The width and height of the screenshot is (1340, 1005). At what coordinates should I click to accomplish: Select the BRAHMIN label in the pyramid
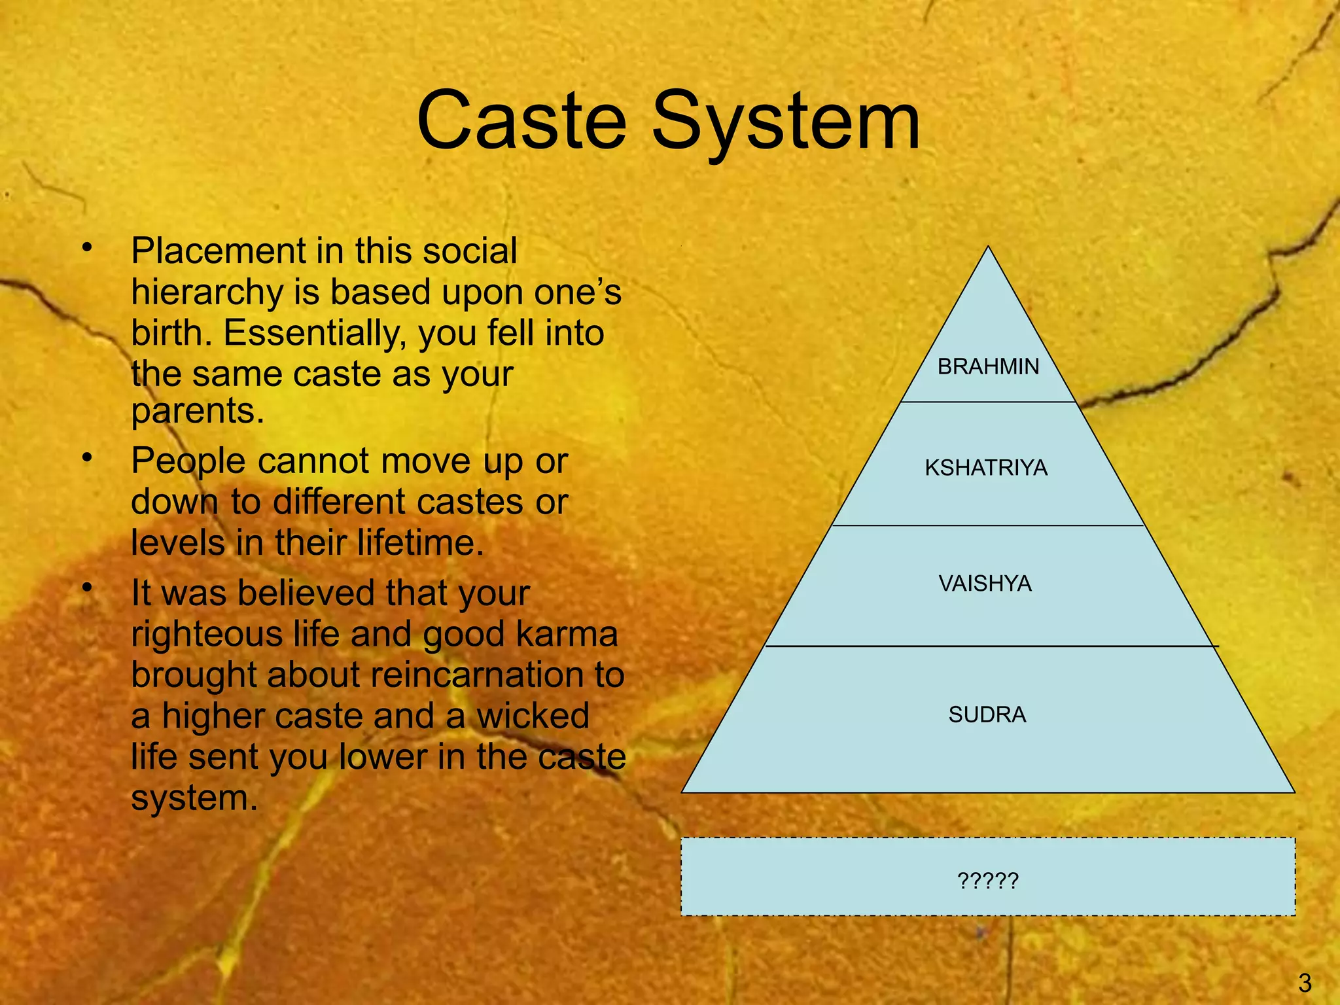click(x=988, y=366)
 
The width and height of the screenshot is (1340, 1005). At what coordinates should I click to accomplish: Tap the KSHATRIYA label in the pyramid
click(x=986, y=468)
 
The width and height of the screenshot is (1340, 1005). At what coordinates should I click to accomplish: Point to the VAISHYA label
click(x=985, y=583)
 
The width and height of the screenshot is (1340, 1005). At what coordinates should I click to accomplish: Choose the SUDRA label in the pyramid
click(x=987, y=714)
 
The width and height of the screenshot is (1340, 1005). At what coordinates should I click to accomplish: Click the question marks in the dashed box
click(x=988, y=880)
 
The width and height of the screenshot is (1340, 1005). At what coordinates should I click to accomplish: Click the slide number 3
click(x=1305, y=983)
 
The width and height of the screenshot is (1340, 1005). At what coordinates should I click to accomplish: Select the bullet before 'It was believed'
click(x=87, y=588)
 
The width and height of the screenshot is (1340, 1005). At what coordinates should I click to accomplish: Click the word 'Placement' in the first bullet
click(x=219, y=252)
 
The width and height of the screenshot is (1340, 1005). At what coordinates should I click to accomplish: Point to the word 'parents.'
click(x=198, y=412)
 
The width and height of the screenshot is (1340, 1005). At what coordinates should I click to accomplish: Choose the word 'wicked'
click(x=533, y=716)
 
